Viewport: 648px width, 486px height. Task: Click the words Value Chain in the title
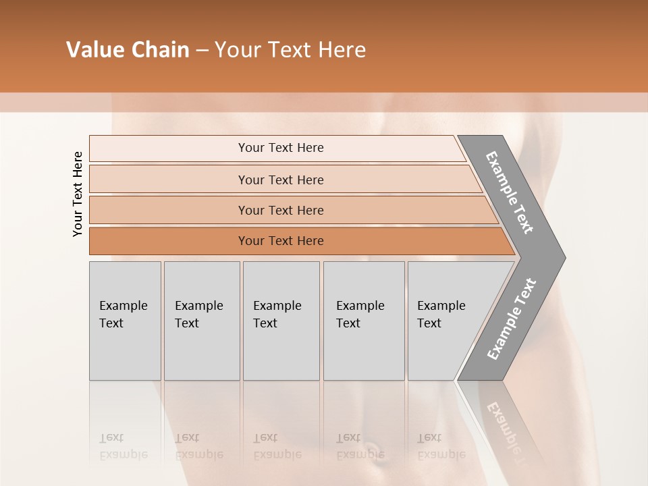click(x=128, y=50)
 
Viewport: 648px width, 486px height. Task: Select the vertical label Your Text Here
click(x=78, y=194)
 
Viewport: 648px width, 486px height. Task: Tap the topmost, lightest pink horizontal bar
click(x=280, y=148)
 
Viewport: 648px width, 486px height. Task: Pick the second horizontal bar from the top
click(x=280, y=180)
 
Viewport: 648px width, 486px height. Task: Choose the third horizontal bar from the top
click(x=280, y=210)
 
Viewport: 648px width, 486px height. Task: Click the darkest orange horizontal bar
click(x=280, y=241)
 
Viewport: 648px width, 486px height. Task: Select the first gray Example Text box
click(x=125, y=321)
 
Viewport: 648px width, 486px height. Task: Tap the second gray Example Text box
click(x=201, y=321)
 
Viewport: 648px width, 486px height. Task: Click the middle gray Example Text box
click(x=281, y=321)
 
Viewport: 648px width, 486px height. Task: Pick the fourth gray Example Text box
click(x=363, y=321)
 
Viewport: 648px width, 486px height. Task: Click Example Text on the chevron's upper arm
click(x=510, y=192)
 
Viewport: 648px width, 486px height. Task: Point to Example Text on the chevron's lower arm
click(x=511, y=319)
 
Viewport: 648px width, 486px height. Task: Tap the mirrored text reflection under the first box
click(x=123, y=446)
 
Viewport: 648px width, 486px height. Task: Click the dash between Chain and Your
click(x=202, y=51)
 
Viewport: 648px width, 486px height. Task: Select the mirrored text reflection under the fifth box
click(x=441, y=446)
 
